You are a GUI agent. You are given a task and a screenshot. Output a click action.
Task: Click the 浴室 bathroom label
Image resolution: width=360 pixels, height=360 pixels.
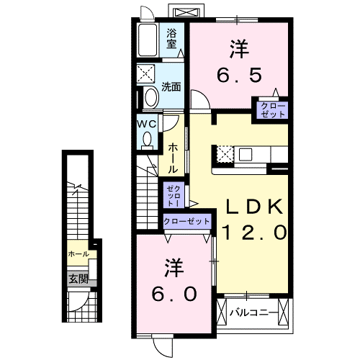pyautogui.click(x=172, y=38)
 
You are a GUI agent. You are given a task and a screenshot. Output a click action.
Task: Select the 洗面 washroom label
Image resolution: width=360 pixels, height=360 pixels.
pyautogui.click(x=171, y=88)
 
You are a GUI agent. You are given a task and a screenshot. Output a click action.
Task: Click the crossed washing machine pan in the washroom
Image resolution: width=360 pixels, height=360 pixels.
pyautogui.click(x=148, y=74)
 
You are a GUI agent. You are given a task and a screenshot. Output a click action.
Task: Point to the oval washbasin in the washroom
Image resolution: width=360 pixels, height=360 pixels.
pyautogui.click(x=150, y=98)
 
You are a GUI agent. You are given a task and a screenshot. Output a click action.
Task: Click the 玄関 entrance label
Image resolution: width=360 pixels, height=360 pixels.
pyautogui.click(x=78, y=279)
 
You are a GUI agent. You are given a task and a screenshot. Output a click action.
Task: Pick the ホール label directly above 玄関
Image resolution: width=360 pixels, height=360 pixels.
pyautogui.click(x=78, y=254)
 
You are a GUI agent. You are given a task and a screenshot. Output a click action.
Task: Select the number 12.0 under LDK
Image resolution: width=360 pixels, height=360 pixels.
pyautogui.click(x=256, y=232)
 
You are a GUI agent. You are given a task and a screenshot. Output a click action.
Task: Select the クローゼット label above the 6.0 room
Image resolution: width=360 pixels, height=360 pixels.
pyautogui.click(x=187, y=222)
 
